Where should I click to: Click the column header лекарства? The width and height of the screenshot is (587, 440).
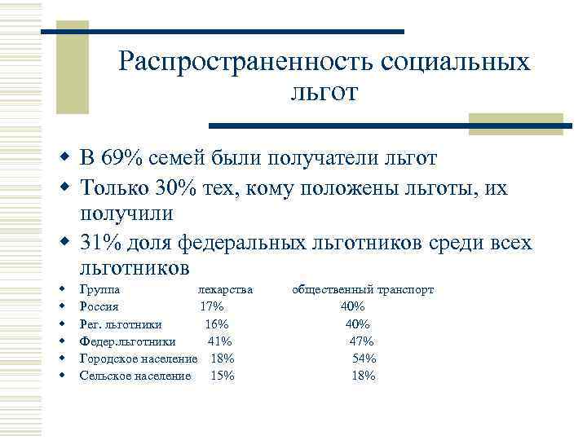tap(225, 289)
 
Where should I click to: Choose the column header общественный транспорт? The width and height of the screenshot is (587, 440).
tap(364, 289)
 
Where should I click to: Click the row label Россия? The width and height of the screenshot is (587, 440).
tap(99, 306)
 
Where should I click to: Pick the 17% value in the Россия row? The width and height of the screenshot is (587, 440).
tap(212, 306)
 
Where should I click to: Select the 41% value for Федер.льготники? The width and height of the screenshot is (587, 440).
tap(220, 341)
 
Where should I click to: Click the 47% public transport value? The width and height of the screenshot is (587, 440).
tap(361, 341)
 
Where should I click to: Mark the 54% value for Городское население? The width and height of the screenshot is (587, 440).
tap(364, 359)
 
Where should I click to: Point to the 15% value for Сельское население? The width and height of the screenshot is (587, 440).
tap(223, 376)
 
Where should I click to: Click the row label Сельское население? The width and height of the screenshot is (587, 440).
tap(135, 376)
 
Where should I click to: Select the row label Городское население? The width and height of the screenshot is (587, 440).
tap(139, 359)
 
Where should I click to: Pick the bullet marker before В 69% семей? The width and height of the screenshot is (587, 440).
tap(63, 157)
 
